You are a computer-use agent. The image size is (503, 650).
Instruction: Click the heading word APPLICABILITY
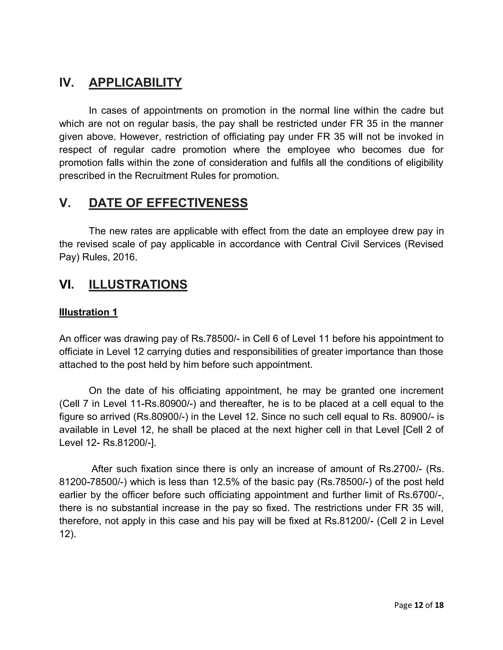click(135, 82)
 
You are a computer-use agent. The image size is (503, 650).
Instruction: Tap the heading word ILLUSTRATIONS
click(138, 284)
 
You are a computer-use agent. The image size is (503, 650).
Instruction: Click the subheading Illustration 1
click(88, 312)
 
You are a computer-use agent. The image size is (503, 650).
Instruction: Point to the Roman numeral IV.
click(67, 82)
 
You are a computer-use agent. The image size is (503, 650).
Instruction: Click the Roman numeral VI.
click(67, 284)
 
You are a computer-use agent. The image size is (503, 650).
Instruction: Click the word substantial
click(135, 508)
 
